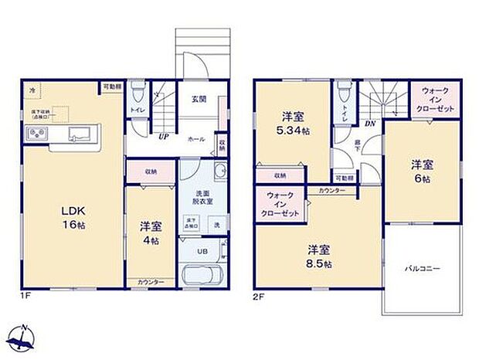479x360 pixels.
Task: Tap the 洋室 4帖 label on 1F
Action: click(150, 234)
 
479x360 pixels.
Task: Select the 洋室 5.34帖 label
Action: click(292, 124)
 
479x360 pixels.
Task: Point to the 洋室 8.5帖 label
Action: click(318, 256)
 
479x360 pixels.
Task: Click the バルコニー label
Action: click(422, 270)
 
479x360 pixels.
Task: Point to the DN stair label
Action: click(369, 124)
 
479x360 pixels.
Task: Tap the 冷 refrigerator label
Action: click(32, 91)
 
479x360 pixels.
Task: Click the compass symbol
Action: click(23, 337)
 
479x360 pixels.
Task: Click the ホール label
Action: click(196, 140)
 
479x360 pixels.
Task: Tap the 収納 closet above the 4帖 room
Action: click(150, 172)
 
